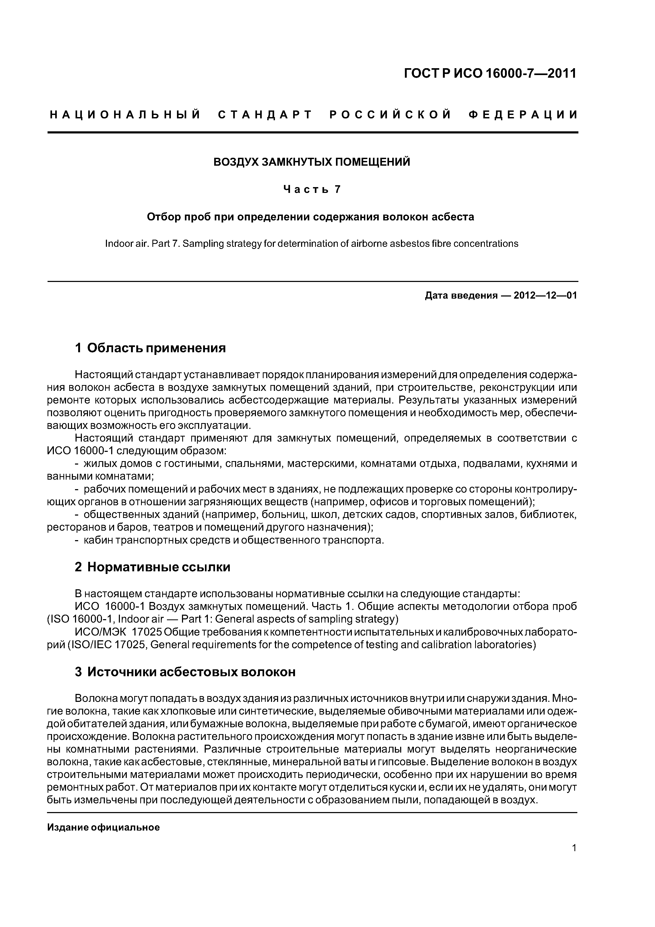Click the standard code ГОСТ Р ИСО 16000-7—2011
(490, 73)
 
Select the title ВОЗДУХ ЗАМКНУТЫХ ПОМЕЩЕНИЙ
(312, 162)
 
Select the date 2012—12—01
(545, 295)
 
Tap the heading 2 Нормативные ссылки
(153, 567)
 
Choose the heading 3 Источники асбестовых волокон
(185, 672)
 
